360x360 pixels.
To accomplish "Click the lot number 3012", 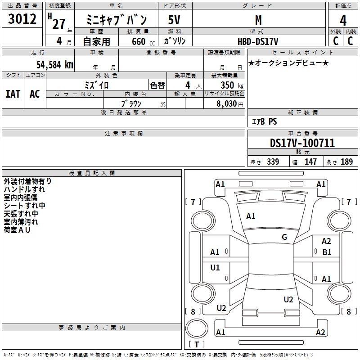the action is [22, 20].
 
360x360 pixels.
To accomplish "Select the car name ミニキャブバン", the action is [117, 20].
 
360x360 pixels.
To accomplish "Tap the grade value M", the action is [258, 20].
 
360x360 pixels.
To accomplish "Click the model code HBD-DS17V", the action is [258, 41].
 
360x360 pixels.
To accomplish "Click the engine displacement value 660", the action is [139, 41].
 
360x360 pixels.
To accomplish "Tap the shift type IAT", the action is [13, 94].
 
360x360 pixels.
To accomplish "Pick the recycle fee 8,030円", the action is [230, 104].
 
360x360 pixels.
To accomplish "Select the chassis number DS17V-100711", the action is [302, 144].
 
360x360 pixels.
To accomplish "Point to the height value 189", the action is [346, 162].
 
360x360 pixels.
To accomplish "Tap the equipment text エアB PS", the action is [264, 121].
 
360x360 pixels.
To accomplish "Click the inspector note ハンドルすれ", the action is [24, 189].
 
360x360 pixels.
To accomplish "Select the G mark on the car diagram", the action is [284, 237].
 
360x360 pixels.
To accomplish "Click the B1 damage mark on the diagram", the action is [327, 252].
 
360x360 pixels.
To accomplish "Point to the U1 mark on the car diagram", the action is [215, 268].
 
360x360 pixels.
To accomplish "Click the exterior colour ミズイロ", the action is [97, 85].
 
